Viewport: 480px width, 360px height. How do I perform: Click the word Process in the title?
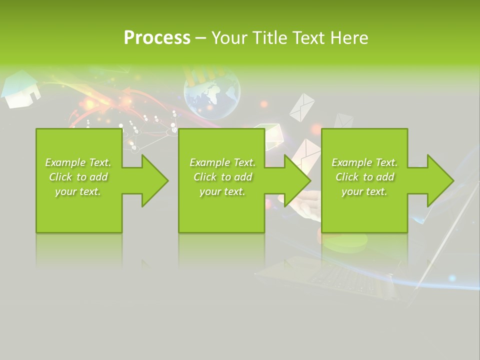click(x=157, y=37)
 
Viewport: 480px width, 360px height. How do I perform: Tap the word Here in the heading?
click(x=349, y=37)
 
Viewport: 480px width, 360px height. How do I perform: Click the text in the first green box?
click(x=78, y=177)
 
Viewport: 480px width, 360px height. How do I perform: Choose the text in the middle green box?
click(x=222, y=177)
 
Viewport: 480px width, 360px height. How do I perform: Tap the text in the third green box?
click(x=364, y=177)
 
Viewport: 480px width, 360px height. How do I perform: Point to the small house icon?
click(x=20, y=90)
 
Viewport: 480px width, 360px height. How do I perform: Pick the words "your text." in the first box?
click(x=78, y=191)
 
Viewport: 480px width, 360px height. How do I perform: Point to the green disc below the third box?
click(x=345, y=242)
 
